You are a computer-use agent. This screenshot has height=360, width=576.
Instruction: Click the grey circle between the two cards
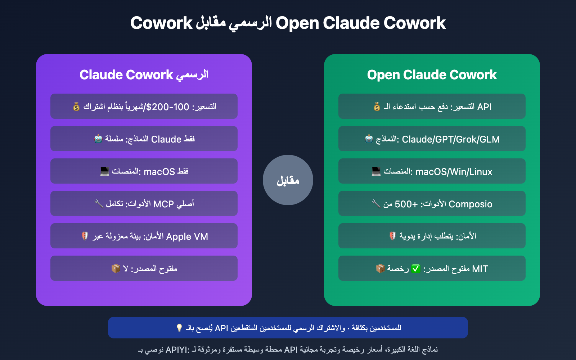click(288, 180)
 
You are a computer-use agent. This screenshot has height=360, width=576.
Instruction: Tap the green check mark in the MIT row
click(416, 269)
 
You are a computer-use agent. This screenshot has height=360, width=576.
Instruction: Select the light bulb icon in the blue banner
click(179, 328)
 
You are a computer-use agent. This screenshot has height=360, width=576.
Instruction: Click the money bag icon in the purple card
click(76, 107)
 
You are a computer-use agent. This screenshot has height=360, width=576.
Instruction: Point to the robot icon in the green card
click(369, 139)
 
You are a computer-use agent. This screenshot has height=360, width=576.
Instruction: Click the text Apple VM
click(187, 237)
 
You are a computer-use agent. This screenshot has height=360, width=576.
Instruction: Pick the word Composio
click(470, 204)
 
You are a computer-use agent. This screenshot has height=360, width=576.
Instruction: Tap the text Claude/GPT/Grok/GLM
click(450, 139)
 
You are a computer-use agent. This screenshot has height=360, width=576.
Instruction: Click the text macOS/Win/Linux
click(454, 172)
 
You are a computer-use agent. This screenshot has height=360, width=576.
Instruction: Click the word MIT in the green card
click(480, 269)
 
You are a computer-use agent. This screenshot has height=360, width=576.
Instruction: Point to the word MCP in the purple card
click(163, 204)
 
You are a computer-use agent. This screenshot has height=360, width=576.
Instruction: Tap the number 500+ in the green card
click(406, 204)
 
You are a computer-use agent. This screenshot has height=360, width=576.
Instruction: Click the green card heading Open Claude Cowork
click(432, 75)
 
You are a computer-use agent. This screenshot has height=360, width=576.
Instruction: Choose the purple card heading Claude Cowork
click(126, 75)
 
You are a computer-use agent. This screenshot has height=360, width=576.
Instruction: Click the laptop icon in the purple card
click(104, 171)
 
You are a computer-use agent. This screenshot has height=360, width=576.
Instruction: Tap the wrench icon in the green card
click(375, 204)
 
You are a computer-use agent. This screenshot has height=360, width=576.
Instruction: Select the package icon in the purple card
click(116, 269)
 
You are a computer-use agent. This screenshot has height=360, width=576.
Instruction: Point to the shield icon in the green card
click(392, 236)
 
